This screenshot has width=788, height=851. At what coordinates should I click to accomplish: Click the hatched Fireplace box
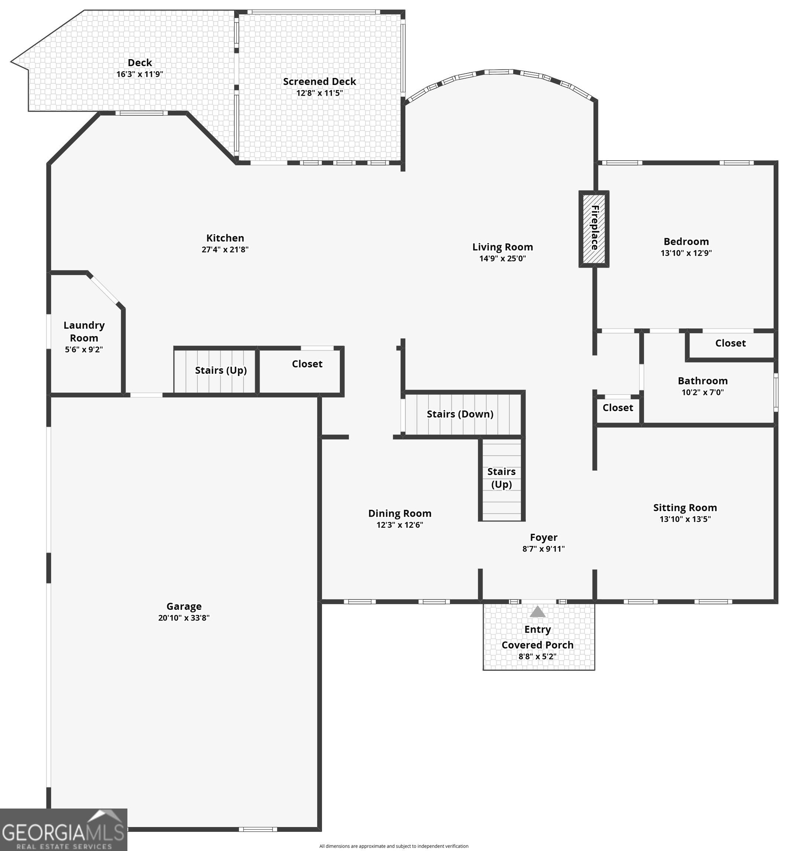pos(593,229)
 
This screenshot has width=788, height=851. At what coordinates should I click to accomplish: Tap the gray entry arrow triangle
pos(537,611)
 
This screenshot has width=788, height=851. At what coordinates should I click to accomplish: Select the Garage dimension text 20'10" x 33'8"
pos(184,618)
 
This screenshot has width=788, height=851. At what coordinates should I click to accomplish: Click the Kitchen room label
pos(225,238)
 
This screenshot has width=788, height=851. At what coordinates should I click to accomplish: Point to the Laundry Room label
pos(84,331)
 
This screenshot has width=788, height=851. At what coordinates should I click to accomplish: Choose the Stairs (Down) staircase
pos(463,414)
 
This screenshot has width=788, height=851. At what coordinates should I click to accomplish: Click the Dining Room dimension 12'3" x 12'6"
pos(400,525)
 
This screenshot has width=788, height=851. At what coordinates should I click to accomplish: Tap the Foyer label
pos(544,537)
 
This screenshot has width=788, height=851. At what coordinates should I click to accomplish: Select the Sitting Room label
pos(685,507)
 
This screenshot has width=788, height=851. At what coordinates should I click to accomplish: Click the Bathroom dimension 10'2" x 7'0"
pos(703,392)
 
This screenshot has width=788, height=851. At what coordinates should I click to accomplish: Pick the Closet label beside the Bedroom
pos(730,343)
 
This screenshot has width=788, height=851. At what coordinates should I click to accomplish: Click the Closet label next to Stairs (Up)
pos(307,364)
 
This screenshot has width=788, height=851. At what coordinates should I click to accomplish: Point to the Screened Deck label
pos(319,82)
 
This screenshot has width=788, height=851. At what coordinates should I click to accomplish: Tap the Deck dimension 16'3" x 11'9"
pos(140,74)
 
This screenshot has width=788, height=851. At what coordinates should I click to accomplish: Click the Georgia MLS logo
pos(64,829)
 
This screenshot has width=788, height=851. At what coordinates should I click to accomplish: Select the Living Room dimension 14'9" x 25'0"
pos(502,258)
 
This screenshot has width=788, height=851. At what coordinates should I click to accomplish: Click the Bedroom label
pos(686,242)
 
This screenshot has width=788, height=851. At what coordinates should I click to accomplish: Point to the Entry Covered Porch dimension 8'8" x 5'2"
pos(537,656)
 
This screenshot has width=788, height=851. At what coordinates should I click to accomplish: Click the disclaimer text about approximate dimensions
pos(394,846)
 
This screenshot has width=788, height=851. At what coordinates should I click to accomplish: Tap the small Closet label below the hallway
pos(617,407)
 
